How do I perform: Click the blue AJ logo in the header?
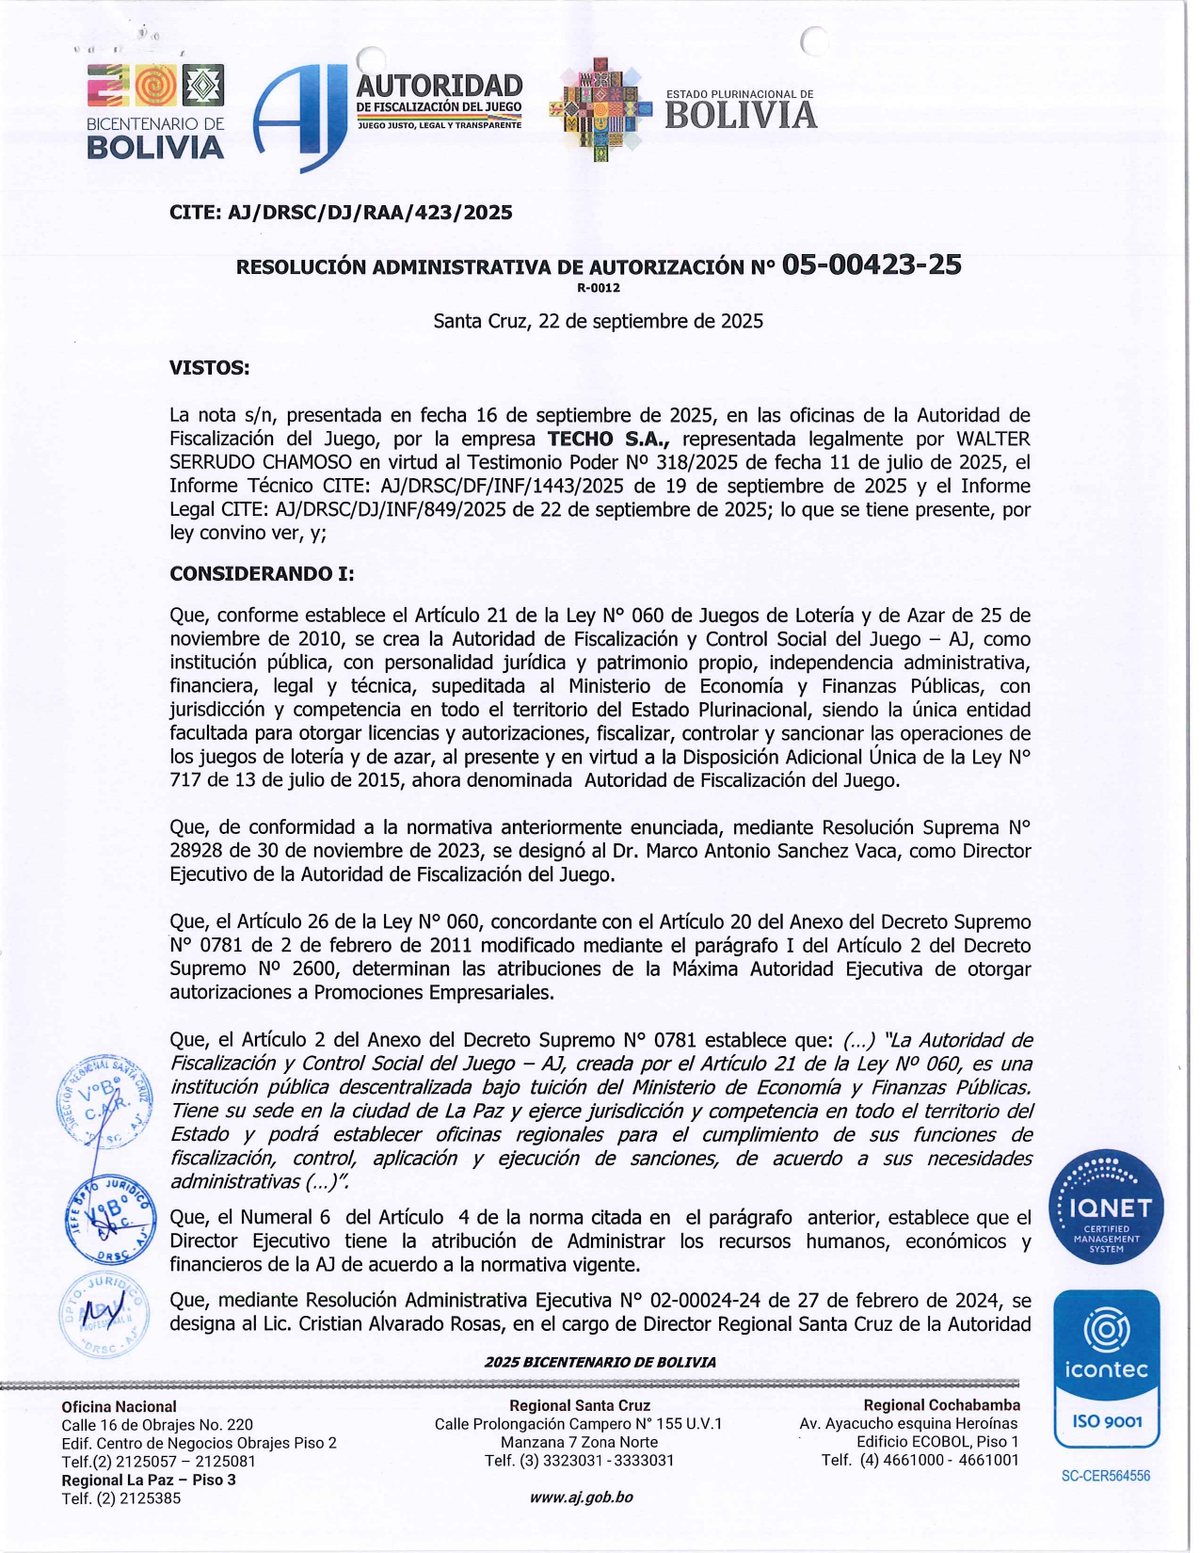[x=299, y=118]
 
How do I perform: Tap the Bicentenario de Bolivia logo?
[x=155, y=112]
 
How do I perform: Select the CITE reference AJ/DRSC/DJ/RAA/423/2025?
[x=370, y=213]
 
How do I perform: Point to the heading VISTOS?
[x=209, y=367]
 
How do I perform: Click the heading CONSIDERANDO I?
[x=262, y=573]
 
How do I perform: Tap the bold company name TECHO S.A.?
[x=609, y=439]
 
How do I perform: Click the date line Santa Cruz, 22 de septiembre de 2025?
[x=598, y=321]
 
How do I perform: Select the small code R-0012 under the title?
[x=599, y=288]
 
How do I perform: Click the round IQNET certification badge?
[x=1106, y=1208]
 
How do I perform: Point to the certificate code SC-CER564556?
[x=1106, y=1476]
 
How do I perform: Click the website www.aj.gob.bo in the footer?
[x=581, y=1497]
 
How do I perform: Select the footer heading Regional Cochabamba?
[x=941, y=1405]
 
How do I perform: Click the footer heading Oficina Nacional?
[x=119, y=1406]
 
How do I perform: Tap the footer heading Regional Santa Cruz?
[x=580, y=1405]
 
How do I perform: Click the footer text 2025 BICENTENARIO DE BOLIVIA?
[x=600, y=1362]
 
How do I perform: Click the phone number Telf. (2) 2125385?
[x=121, y=1497]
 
